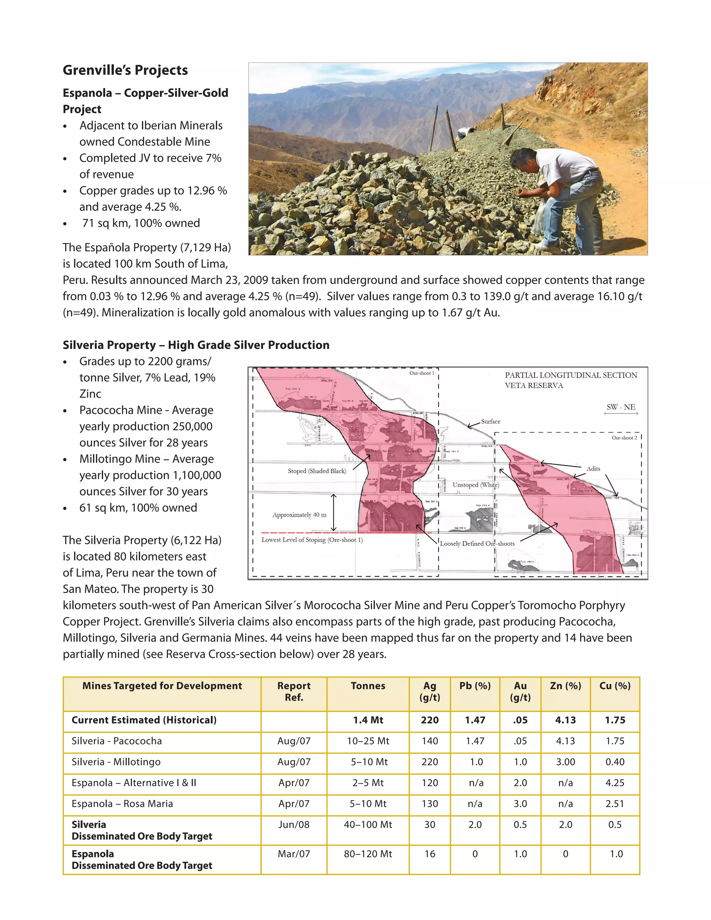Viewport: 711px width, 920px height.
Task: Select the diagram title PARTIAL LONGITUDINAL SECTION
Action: click(571, 375)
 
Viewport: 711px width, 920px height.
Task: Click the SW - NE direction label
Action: click(621, 407)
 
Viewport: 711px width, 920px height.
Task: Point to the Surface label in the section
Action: click(491, 421)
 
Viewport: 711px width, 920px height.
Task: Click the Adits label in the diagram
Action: click(593, 468)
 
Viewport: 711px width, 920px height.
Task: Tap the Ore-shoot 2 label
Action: click(624, 438)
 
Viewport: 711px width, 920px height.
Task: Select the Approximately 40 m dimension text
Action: click(299, 515)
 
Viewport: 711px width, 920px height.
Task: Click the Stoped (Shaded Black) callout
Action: click(317, 471)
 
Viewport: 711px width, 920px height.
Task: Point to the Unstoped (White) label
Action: click(476, 485)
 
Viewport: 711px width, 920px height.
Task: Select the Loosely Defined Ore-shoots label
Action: click(477, 544)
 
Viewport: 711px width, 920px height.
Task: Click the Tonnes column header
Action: click(368, 686)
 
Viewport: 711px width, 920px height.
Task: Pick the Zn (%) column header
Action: click(565, 686)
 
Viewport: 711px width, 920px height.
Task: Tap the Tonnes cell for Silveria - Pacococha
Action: click(368, 741)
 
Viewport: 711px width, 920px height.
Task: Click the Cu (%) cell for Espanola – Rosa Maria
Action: click(614, 804)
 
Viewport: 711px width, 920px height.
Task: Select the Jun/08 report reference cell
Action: click(294, 825)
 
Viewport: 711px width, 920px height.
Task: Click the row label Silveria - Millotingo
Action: click(116, 762)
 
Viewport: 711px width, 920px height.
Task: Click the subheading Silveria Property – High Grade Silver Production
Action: click(196, 345)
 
